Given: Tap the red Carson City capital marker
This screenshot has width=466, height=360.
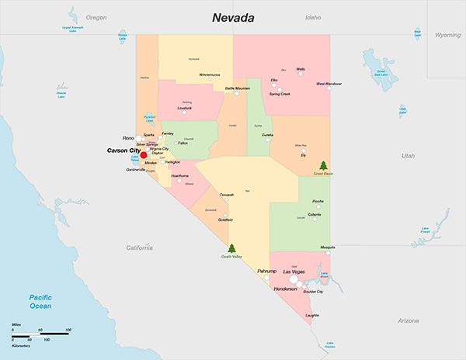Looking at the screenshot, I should click(144, 155).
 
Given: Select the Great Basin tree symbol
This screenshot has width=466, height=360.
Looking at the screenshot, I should click(323, 165).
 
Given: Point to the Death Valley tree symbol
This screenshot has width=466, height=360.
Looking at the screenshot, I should click(231, 249).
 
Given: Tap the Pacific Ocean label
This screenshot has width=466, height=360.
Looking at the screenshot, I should click(40, 302).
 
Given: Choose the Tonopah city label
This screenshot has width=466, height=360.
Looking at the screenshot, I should click(226, 195).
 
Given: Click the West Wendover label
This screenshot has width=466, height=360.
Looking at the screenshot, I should click(329, 84).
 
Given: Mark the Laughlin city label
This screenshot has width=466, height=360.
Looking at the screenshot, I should click(312, 316).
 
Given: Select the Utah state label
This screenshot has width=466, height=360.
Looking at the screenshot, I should click(408, 155).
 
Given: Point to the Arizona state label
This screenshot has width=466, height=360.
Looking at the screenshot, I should click(407, 320).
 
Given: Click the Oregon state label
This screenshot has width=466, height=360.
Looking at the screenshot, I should click(96, 17).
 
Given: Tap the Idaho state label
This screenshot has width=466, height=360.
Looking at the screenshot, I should click(313, 17).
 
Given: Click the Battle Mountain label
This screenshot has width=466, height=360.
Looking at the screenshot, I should click(237, 88).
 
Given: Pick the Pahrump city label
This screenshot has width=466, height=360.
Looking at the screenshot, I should click(267, 272).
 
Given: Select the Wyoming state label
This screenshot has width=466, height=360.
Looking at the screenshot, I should click(447, 35).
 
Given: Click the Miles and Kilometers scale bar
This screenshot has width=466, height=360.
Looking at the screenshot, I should click(41, 335).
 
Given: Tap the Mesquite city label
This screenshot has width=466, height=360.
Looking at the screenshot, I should click(328, 247).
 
